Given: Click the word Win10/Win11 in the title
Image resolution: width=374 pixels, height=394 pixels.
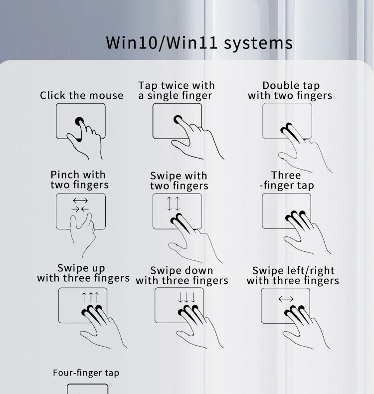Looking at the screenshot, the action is pyautogui.click(x=162, y=43).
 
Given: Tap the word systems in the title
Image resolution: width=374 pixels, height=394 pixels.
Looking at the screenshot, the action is pyautogui.click(x=258, y=43).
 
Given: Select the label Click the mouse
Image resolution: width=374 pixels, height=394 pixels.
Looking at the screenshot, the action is pyautogui.click(x=82, y=95).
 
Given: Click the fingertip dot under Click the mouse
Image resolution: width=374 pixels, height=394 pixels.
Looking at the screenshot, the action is pyautogui.click(x=79, y=121).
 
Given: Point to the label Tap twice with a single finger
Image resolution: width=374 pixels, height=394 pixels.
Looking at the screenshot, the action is pyautogui.click(x=177, y=90).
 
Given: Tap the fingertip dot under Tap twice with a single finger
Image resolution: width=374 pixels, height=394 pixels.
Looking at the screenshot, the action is pyautogui.click(x=178, y=119).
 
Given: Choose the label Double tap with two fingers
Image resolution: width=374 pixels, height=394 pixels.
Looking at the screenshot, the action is pyautogui.click(x=290, y=90).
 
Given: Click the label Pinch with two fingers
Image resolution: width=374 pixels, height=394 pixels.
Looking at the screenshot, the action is pyautogui.click(x=80, y=180).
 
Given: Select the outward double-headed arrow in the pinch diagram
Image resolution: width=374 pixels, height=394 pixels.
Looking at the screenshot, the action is pyautogui.click(x=80, y=200).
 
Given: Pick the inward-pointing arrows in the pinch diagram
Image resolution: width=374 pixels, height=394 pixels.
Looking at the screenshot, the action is pyautogui.click(x=80, y=209).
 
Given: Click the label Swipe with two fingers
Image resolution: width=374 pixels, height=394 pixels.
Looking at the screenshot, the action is pyautogui.click(x=179, y=181).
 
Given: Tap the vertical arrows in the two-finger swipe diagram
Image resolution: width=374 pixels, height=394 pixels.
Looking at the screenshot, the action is pyautogui.click(x=174, y=203).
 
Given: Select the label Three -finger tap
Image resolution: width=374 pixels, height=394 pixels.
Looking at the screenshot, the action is pyautogui.click(x=287, y=180).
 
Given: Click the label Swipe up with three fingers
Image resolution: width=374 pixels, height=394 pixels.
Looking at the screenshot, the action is pyautogui.click(x=83, y=273).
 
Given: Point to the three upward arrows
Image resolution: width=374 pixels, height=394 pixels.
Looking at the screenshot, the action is pyautogui.click(x=90, y=297).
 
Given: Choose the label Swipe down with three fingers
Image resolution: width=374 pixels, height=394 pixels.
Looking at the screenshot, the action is pyautogui.click(x=182, y=276).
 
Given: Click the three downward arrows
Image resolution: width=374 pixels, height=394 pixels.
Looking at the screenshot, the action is pyautogui.click(x=187, y=297).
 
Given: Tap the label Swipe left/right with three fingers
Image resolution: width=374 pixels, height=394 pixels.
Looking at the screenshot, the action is pyautogui.click(x=293, y=276).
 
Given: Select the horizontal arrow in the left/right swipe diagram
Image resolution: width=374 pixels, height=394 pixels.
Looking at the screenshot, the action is pyautogui.click(x=286, y=299).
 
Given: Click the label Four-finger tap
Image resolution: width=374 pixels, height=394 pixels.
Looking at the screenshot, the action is pyautogui.click(x=86, y=373).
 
